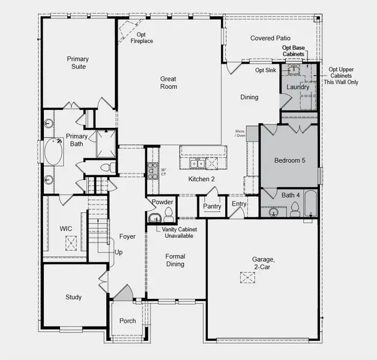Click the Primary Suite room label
(77, 62)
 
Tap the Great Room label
(168, 82)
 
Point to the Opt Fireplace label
(141, 38)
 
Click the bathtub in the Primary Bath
(52, 152)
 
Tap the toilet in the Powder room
(169, 214)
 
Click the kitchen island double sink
(197, 163)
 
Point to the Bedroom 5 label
(289, 161)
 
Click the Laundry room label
(298, 88)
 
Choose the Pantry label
(213, 206)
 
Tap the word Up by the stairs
(118, 253)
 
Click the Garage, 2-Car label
(264, 263)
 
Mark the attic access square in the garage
(247, 278)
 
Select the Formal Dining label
(175, 260)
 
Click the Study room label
(73, 297)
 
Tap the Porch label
(127, 321)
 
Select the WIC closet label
(66, 229)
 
